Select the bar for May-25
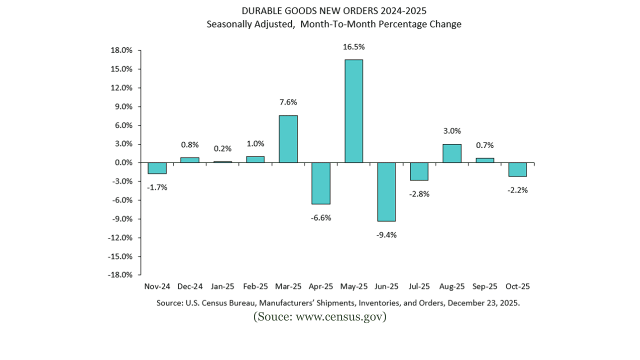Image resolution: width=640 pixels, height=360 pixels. [x=353, y=111]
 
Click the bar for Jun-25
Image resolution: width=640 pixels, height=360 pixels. [x=386, y=191]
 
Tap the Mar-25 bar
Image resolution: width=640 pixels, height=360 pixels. [x=288, y=139]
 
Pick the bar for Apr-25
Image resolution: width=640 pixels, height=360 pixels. [x=321, y=183]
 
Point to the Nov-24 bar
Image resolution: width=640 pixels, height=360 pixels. [x=157, y=168]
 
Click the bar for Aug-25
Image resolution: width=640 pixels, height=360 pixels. [x=451, y=153]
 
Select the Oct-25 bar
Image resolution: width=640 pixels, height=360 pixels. [x=517, y=169]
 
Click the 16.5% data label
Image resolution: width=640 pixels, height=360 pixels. [x=353, y=47]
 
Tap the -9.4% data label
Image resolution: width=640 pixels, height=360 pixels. [x=386, y=234]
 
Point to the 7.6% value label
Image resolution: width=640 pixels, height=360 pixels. [x=288, y=102]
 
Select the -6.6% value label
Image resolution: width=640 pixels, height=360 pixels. [x=321, y=217]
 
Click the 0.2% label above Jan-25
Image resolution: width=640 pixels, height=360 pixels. [x=222, y=148]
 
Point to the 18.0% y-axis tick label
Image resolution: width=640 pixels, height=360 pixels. [x=121, y=50]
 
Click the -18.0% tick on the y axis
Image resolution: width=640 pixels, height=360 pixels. [x=120, y=275]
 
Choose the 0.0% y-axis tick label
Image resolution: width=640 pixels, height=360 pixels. [x=122, y=163]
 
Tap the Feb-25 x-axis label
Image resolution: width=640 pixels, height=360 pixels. [x=255, y=286]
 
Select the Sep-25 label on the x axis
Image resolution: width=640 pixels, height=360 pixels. [x=484, y=286]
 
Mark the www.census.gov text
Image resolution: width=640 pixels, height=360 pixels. [x=340, y=316]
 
